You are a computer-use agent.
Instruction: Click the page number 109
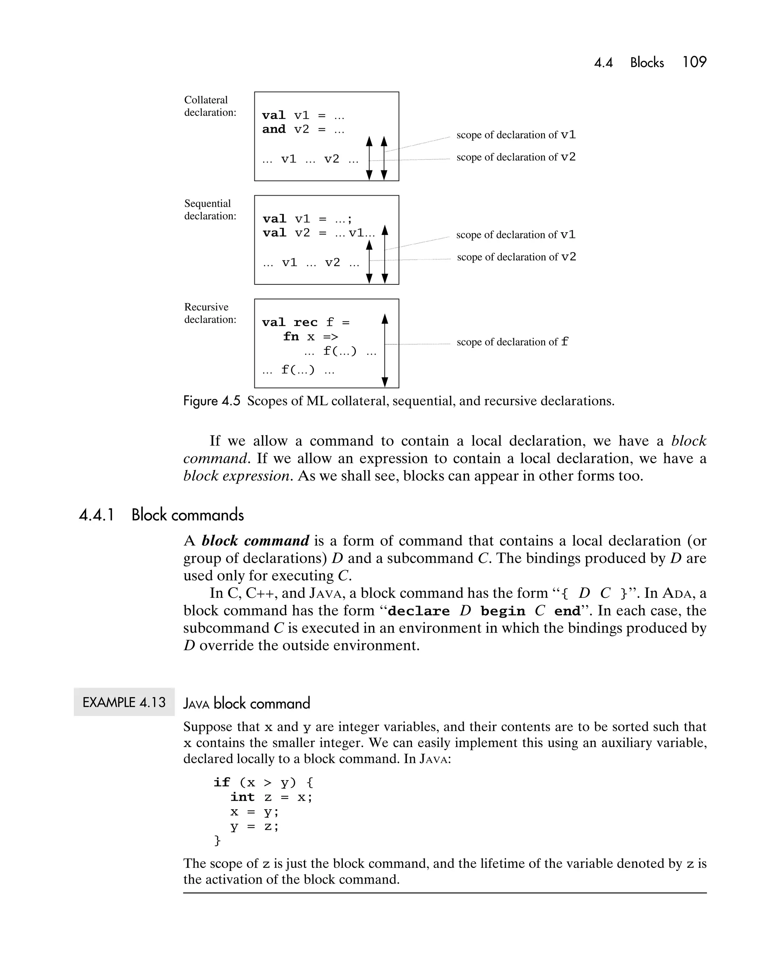(694, 62)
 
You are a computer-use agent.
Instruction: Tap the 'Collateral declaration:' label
(210, 106)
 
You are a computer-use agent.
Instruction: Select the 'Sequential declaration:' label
(210, 210)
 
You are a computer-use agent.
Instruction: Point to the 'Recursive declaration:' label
(210, 313)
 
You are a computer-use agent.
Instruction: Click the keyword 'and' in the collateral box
(274, 129)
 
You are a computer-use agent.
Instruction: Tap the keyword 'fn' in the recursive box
(291, 337)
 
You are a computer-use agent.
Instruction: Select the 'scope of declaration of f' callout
(512, 342)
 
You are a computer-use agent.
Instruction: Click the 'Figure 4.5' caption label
(212, 401)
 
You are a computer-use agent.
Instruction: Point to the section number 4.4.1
(96, 515)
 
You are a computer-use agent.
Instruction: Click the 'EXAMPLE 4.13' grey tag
(124, 702)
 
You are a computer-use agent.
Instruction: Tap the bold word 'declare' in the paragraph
(418, 611)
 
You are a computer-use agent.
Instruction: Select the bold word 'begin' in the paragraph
(502, 611)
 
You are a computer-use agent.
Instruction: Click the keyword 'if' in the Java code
(222, 782)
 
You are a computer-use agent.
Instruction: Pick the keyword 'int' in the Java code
(243, 797)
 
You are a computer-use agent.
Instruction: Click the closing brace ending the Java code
(217, 840)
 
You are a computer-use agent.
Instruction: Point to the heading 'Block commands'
(188, 515)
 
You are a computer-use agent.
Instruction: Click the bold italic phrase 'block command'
(255, 541)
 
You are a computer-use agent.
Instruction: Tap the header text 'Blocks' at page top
(647, 63)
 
